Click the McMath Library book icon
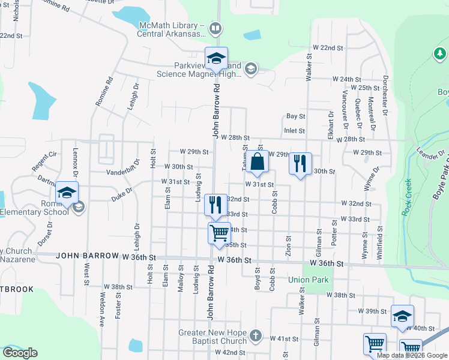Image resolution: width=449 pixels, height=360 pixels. coord(215,28)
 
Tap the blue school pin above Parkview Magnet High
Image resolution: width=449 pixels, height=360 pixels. coord(216,59)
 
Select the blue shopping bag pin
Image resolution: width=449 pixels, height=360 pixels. coord(257,162)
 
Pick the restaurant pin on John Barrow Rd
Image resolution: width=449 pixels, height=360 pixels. coord(215,205)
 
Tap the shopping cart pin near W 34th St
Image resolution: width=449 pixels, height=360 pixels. coord(219,233)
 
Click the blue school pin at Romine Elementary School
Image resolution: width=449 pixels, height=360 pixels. coord(67,194)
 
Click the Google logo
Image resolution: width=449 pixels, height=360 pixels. coord(20,353)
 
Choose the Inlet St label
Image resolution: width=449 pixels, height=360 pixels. coord(295,130)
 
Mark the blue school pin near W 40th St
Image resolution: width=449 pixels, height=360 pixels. coord(402,316)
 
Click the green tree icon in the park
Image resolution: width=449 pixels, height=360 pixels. coord(439,55)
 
